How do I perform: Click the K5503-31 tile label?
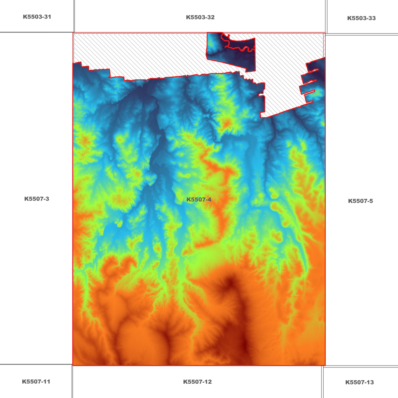pos(37,17)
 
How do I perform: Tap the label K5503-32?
pos(200,17)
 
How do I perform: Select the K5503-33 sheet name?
pos(361,18)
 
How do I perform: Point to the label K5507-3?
pos(37,199)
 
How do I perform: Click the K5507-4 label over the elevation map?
pos(199,200)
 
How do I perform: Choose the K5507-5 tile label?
pos(360,201)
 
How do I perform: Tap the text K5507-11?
pos(36,382)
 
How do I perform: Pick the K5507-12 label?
pos(197,382)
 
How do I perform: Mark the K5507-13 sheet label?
pos(359,382)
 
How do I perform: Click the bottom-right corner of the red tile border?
pos(325,365)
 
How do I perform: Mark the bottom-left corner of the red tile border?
pos(73,365)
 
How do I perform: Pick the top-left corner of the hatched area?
pos(73,33)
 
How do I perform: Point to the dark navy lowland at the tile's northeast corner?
pos(317,69)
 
